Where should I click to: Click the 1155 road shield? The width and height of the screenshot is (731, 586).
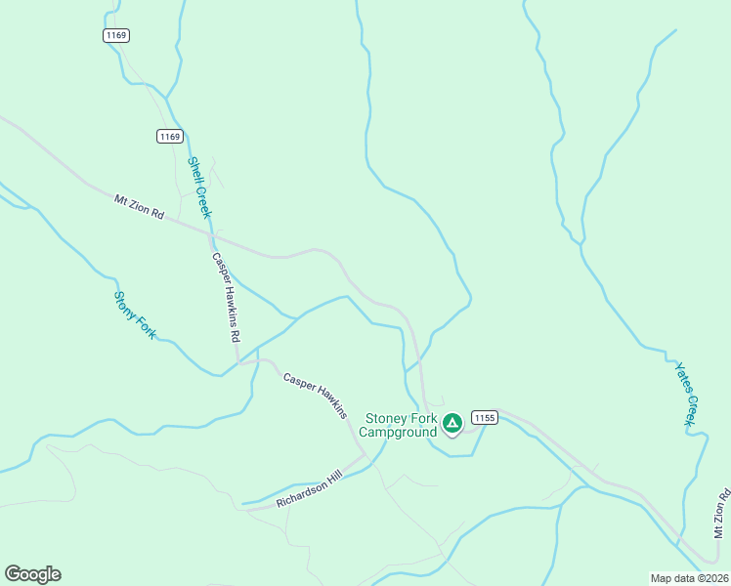click(486, 417)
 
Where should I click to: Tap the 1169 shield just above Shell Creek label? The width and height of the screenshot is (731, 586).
click(169, 137)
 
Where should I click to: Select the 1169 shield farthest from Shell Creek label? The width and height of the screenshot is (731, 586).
click(115, 35)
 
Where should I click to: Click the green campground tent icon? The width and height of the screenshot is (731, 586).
click(451, 423)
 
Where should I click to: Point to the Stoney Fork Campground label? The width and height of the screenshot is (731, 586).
click(400, 425)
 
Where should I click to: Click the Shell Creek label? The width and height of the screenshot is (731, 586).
click(199, 188)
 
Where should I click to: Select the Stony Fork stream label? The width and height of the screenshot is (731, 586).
click(135, 314)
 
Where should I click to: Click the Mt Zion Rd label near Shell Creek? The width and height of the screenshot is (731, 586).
click(139, 206)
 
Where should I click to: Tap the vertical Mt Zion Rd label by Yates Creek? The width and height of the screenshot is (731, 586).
click(721, 512)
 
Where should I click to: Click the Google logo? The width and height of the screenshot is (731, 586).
click(32, 574)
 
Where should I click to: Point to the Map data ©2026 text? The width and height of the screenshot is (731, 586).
click(689, 578)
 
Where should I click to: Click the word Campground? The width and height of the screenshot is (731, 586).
click(400, 432)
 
